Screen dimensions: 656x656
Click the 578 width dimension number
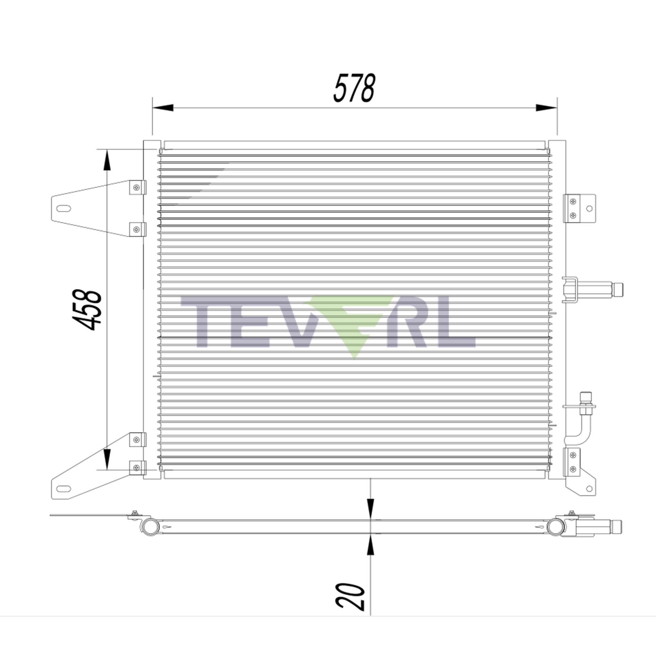click(354, 88)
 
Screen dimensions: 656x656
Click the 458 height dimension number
click(87, 310)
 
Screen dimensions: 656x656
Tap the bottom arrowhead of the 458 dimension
click(107, 459)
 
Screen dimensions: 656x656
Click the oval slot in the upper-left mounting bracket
click(64, 208)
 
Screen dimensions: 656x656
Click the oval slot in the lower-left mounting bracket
click(64, 489)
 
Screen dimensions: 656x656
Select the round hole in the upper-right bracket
click(589, 209)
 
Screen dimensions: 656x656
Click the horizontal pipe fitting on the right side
click(594, 290)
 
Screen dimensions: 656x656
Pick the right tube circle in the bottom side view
click(556, 527)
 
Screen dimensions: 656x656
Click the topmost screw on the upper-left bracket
click(136, 187)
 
